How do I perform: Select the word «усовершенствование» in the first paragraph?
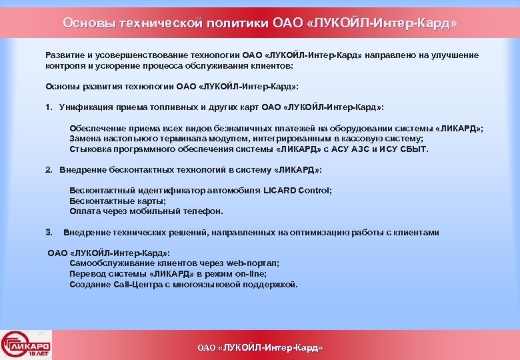pos(137,55)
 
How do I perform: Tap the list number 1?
pos(49,107)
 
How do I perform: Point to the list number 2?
pos(49,170)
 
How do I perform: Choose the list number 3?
pos(49,233)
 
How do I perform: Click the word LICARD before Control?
pos(281,191)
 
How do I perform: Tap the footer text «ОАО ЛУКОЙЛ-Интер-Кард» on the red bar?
pos(260,348)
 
